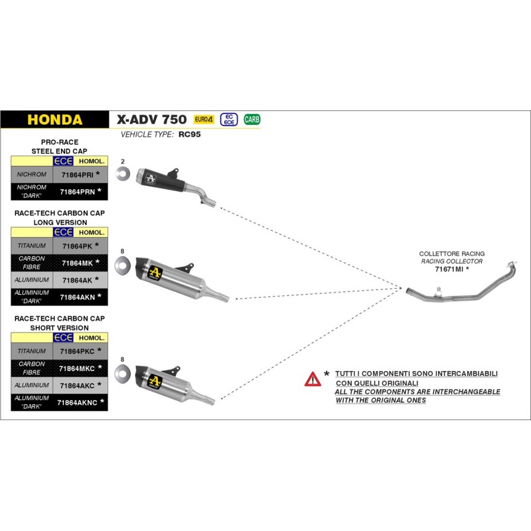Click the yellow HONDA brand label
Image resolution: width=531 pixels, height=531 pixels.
coord(54,120)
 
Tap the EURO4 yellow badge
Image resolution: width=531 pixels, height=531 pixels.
coord(203,119)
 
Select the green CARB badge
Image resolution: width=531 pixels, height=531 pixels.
coord(252,119)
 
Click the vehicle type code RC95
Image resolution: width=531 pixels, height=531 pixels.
coord(189,134)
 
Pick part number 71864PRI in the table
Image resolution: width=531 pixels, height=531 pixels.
coord(77,175)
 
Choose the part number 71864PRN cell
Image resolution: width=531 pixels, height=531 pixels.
coord(77,192)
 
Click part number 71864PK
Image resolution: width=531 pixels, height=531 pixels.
coord(77,246)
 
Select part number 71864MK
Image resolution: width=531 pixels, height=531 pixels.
coord(77,263)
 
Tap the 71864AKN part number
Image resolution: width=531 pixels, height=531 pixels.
coord(77,297)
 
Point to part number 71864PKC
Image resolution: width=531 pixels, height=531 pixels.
coord(77,350)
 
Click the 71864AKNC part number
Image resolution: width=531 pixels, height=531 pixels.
coord(77,402)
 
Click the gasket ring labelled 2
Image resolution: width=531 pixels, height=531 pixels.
coord(123,175)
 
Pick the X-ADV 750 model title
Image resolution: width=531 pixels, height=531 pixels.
coord(152,120)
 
